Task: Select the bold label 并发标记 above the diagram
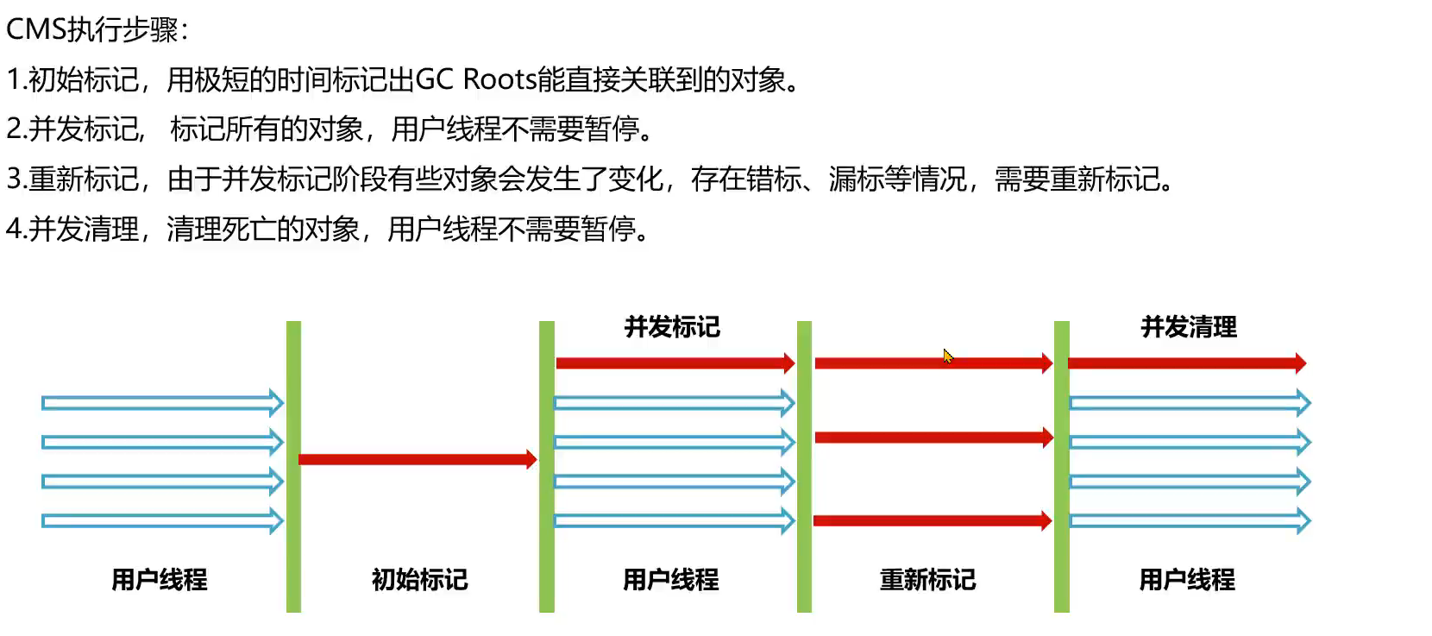[x=672, y=327]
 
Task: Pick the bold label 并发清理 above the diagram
[x=1189, y=327]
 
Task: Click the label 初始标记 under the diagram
[x=419, y=580]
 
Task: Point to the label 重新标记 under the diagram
[x=927, y=580]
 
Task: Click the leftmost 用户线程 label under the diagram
[x=160, y=580]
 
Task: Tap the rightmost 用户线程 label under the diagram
[x=1187, y=580]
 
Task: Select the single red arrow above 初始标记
[x=418, y=459]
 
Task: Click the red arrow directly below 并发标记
[x=675, y=363]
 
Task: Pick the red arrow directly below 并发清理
[x=1187, y=363]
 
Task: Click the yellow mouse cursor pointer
[x=947, y=356]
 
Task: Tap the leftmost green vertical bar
[x=293, y=467]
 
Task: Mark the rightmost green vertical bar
[x=1062, y=467]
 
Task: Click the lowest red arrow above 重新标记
[x=933, y=520]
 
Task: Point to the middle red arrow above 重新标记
[x=934, y=438]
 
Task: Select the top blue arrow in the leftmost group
[x=162, y=403]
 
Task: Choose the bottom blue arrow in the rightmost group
[x=1190, y=521]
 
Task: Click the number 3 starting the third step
[x=14, y=179]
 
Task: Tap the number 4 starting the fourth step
[x=14, y=229]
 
